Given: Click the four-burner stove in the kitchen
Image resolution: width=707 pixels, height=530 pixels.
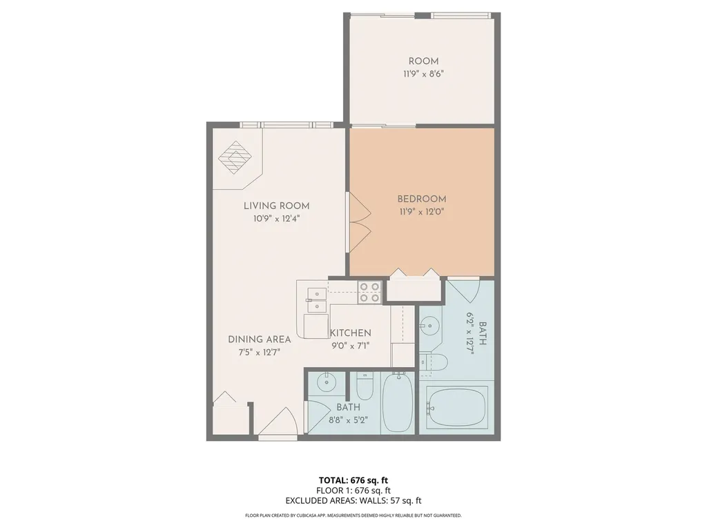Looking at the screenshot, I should coord(369,292).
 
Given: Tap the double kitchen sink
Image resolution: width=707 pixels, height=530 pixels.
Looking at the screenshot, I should coord(315,296).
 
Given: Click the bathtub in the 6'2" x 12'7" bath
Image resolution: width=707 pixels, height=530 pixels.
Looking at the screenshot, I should coord(457,406).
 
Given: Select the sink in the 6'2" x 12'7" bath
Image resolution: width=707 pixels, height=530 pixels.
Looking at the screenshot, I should coord(430,324).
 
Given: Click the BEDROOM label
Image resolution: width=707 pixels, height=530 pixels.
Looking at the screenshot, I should coord(421,199).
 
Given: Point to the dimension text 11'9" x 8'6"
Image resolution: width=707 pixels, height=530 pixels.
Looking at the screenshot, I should coord(423,74).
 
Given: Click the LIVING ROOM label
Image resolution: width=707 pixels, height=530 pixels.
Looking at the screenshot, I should coord(276,206).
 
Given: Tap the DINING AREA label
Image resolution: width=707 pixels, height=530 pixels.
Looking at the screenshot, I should coord(260,340).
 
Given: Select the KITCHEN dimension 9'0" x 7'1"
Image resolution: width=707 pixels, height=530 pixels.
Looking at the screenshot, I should coord(351,346).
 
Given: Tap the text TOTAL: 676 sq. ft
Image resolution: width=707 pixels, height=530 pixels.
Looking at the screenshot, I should coord(353,480).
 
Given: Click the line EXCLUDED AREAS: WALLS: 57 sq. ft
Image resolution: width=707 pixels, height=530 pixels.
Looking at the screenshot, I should coord(353,500).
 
